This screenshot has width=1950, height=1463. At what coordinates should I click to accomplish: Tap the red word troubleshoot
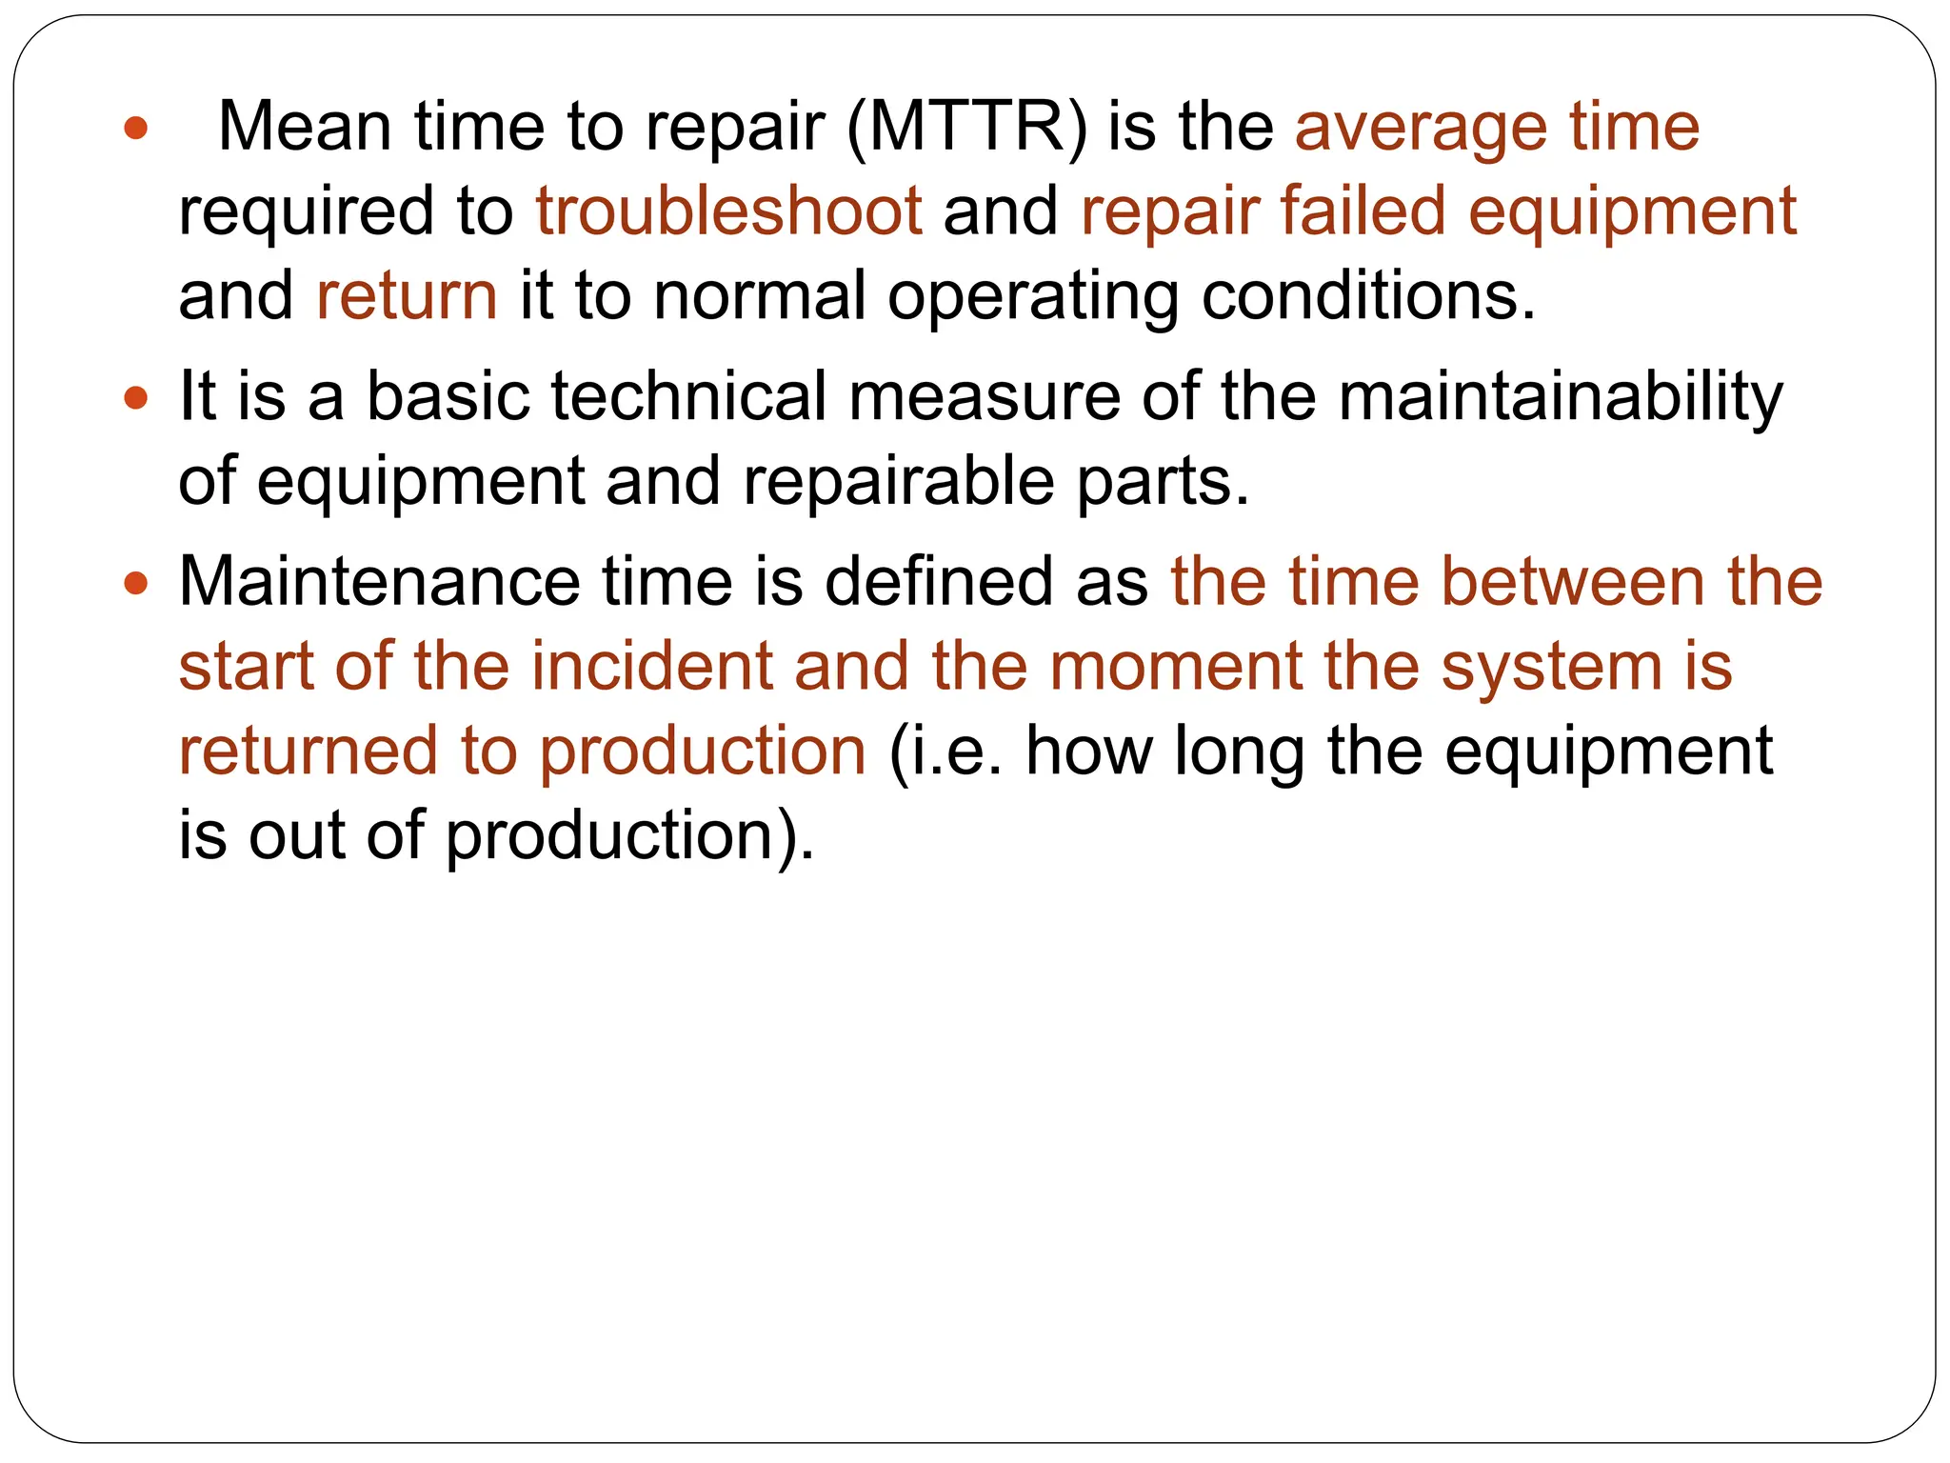728,211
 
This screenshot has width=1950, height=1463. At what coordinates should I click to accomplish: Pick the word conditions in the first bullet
1368,296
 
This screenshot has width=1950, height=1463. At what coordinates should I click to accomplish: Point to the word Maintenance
379,582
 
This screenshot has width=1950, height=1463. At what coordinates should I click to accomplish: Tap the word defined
938,582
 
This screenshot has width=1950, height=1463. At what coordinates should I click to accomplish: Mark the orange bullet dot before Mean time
136,128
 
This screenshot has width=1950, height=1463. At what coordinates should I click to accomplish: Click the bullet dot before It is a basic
136,397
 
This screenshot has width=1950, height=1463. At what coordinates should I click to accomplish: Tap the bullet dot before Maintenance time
136,582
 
